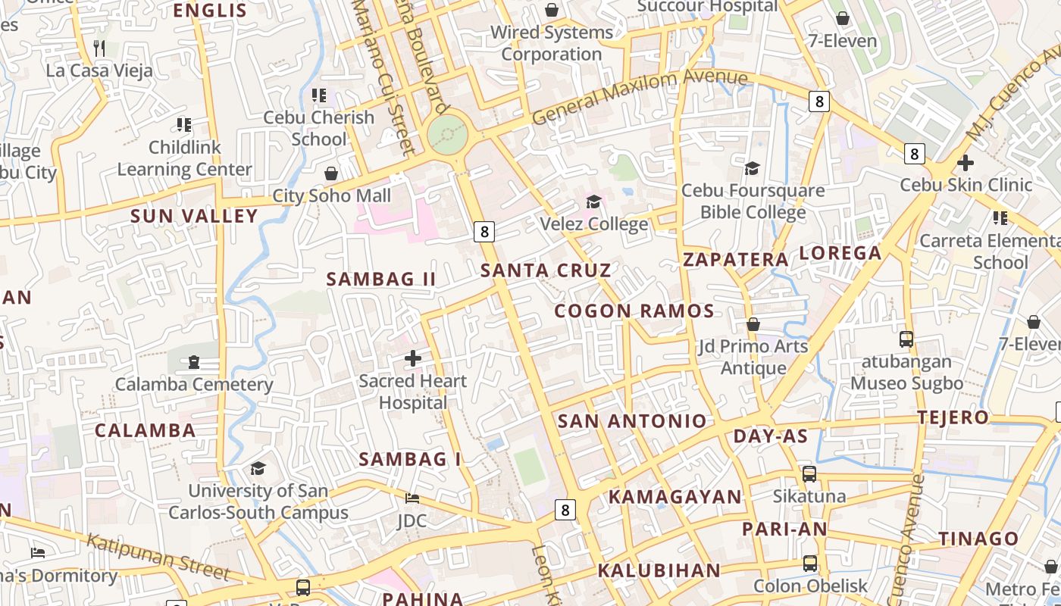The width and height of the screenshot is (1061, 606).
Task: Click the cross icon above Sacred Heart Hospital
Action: pos(413,358)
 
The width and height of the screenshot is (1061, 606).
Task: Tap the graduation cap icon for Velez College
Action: pos(593,201)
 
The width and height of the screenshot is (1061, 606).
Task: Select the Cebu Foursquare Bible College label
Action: pos(753,201)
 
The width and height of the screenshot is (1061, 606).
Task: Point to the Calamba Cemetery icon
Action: pos(194,362)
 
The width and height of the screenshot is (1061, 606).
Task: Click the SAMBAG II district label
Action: pos(381,279)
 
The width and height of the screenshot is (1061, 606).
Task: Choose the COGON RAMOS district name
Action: pos(634,311)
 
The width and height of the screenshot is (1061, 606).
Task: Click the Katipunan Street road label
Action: pos(158,556)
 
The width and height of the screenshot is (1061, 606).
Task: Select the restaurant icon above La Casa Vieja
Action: pos(99,48)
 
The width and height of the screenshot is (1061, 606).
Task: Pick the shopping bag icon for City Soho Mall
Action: pos(331,174)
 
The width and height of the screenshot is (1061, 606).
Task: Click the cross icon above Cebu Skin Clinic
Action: pos(965,163)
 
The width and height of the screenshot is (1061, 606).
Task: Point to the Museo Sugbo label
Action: pos(906,383)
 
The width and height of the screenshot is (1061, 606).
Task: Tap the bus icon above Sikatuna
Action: pos(809,474)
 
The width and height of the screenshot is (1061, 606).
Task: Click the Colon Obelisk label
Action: pos(810,586)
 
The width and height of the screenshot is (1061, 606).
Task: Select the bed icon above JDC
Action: pos(412,498)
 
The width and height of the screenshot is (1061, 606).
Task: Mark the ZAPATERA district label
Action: pos(736,260)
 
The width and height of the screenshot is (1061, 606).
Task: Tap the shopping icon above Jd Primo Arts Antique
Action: pos(753,324)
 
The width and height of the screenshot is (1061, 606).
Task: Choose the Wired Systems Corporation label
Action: pos(551,43)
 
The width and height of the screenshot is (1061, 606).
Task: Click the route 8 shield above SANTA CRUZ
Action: pos(484,231)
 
